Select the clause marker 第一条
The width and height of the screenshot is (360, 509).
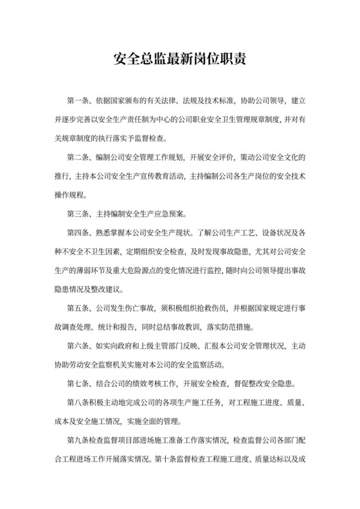[x=78, y=102]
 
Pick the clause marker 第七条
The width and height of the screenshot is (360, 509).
[x=78, y=385]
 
